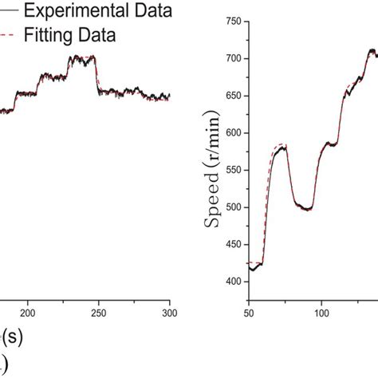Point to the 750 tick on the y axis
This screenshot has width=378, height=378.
[234, 22]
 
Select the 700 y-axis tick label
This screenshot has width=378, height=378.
[234, 58]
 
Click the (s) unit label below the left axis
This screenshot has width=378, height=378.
[12, 337]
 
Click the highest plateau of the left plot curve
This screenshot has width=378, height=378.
[81, 58]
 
